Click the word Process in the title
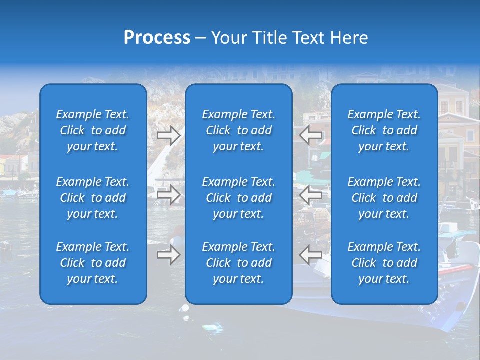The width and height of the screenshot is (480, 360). tap(157, 38)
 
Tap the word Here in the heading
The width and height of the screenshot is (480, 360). tap(349, 38)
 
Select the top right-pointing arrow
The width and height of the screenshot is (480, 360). tap(169, 135)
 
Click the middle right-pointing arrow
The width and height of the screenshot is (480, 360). tap(169, 195)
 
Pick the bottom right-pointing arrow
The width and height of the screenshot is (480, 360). tap(169, 255)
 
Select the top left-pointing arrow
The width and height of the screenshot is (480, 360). tap(311, 135)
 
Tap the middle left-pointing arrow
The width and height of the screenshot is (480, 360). tap(311, 195)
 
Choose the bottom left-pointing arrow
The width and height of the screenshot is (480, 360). tap(311, 255)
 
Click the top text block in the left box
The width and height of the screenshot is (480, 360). tap(93, 130)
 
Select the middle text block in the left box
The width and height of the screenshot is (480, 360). tap(93, 198)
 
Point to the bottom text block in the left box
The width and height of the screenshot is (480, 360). tap(93, 263)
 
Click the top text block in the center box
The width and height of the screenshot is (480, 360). tap(239, 130)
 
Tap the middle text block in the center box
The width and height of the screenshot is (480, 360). tap(239, 198)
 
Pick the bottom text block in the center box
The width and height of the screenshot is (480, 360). tap(239, 263)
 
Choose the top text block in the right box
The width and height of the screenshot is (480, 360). tap(384, 130)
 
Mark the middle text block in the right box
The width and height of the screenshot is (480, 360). tap(384, 198)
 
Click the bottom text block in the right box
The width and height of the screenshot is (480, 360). tap(384, 263)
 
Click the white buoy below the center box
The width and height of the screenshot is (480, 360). tap(185, 308)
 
